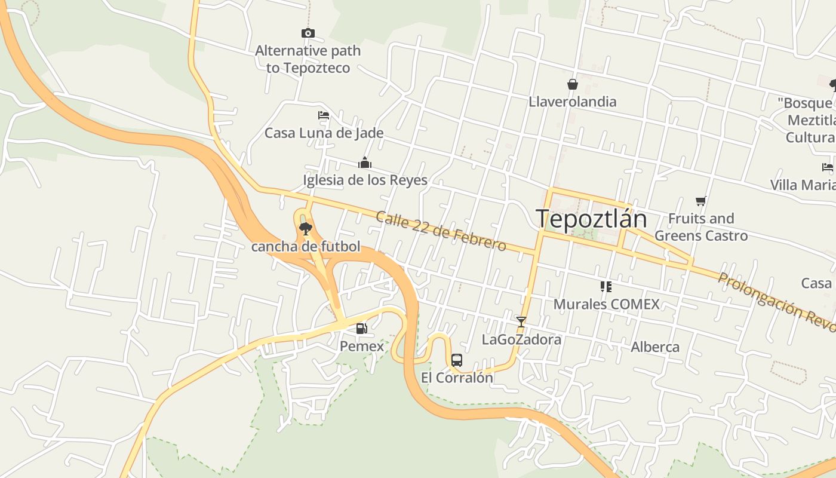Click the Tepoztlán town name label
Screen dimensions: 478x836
pos(591,219)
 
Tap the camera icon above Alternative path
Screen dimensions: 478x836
pos(308,33)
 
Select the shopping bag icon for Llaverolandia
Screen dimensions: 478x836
pos(572,84)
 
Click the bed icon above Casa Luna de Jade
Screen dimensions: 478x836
pos(324,115)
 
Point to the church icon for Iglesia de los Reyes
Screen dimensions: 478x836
pos(365,163)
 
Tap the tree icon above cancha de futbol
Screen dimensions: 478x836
pos(306,228)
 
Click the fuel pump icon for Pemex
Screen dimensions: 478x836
pos(361,328)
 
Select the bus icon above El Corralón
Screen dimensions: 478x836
pos(457,360)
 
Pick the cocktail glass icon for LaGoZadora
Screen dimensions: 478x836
pos(521,322)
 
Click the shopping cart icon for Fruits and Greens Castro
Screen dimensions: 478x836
pos(701,201)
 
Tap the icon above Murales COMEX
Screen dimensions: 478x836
pos(606,287)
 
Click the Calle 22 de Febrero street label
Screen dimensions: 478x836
pos(441,231)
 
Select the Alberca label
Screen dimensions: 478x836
pos(655,347)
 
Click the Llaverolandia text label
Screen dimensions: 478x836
pos(572,102)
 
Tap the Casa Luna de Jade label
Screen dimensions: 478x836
pos(324,133)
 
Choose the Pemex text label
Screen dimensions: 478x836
pos(362,346)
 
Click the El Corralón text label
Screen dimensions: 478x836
pos(457,378)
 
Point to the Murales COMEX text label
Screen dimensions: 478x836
pos(606,304)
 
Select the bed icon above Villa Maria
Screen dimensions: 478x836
pos(827,167)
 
